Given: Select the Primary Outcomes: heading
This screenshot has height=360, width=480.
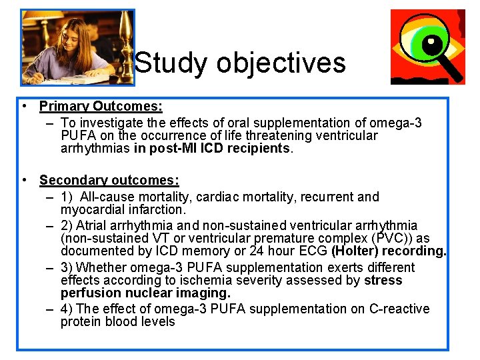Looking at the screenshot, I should [x=101, y=106].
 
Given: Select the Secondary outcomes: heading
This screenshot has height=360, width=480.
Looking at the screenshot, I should [x=109, y=180].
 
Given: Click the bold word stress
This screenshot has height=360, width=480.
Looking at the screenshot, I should [x=383, y=280].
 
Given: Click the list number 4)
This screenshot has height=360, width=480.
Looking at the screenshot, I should [x=67, y=309].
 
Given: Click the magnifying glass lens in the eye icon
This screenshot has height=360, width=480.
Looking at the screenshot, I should [x=434, y=46].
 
